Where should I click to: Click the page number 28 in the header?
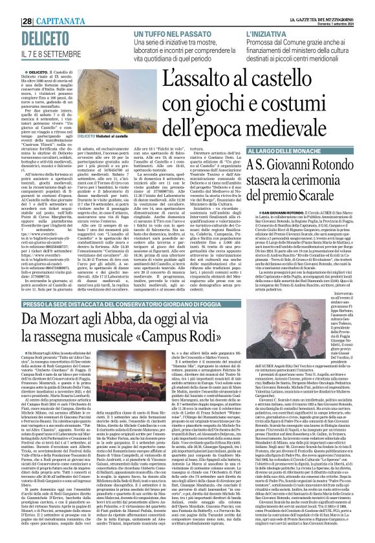pyautogui.click(x=11, y=6)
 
